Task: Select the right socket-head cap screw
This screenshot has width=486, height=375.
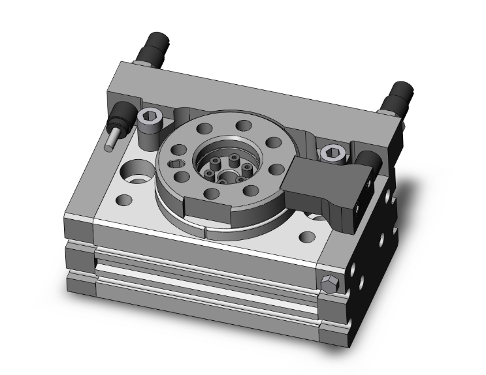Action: (331, 153)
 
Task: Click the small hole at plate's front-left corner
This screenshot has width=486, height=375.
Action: (121, 200)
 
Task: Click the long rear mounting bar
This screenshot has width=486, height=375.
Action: (255, 98)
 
